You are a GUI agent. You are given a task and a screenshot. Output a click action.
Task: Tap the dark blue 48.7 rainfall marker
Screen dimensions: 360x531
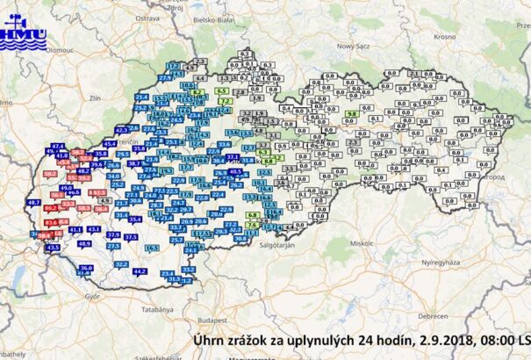click(34, 203)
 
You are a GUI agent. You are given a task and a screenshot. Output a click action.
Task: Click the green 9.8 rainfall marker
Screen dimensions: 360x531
click(351, 114)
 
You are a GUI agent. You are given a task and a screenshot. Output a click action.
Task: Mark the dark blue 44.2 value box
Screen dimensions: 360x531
click(139, 271)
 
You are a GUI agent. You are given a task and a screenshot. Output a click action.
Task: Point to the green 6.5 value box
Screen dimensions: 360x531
click(220, 90)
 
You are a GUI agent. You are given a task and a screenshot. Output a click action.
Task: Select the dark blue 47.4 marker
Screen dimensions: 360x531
click(59, 146)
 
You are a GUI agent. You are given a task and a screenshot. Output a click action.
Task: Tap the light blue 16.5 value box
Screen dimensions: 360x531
click(152, 248)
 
